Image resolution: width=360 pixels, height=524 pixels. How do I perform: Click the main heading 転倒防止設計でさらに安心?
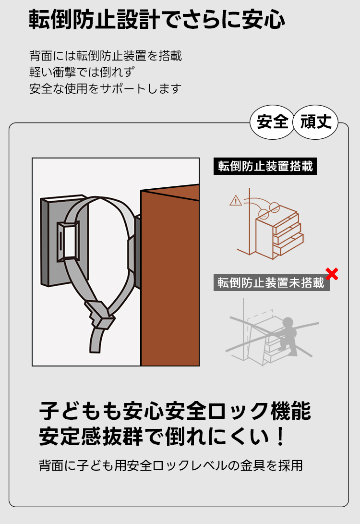pyautogui.click(x=156, y=19)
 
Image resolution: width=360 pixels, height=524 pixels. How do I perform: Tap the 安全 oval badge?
pyautogui.click(x=272, y=122)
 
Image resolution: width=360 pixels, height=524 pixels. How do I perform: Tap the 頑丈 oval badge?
pyautogui.click(x=315, y=122)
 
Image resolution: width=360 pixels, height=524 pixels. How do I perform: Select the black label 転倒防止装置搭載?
pyautogui.click(x=265, y=166)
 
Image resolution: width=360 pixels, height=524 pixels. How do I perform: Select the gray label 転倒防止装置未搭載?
pyautogui.click(x=272, y=283)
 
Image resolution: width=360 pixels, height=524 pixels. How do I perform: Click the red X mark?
pyautogui.click(x=332, y=274)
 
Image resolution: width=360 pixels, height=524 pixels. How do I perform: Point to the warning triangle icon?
pyautogui.click(x=236, y=200)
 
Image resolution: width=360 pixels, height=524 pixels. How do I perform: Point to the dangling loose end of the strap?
pyautogui.click(x=96, y=339)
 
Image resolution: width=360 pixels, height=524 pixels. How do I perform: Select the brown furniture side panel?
pyautogui.click(x=170, y=278)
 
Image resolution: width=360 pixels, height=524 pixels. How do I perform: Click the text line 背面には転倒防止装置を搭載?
pyautogui.click(x=106, y=56)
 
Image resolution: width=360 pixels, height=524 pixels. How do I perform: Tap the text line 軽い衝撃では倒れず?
pyautogui.click(x=82, y=72)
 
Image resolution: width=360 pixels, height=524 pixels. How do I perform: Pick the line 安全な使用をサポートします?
pyautogui.click(x=106, y=88)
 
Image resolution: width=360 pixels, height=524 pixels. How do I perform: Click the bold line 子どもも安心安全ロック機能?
pyautogui.click(x=175, y=411)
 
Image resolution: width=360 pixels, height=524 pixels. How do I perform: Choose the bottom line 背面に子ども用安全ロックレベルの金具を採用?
pyautogui.click(x=171, y=465)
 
